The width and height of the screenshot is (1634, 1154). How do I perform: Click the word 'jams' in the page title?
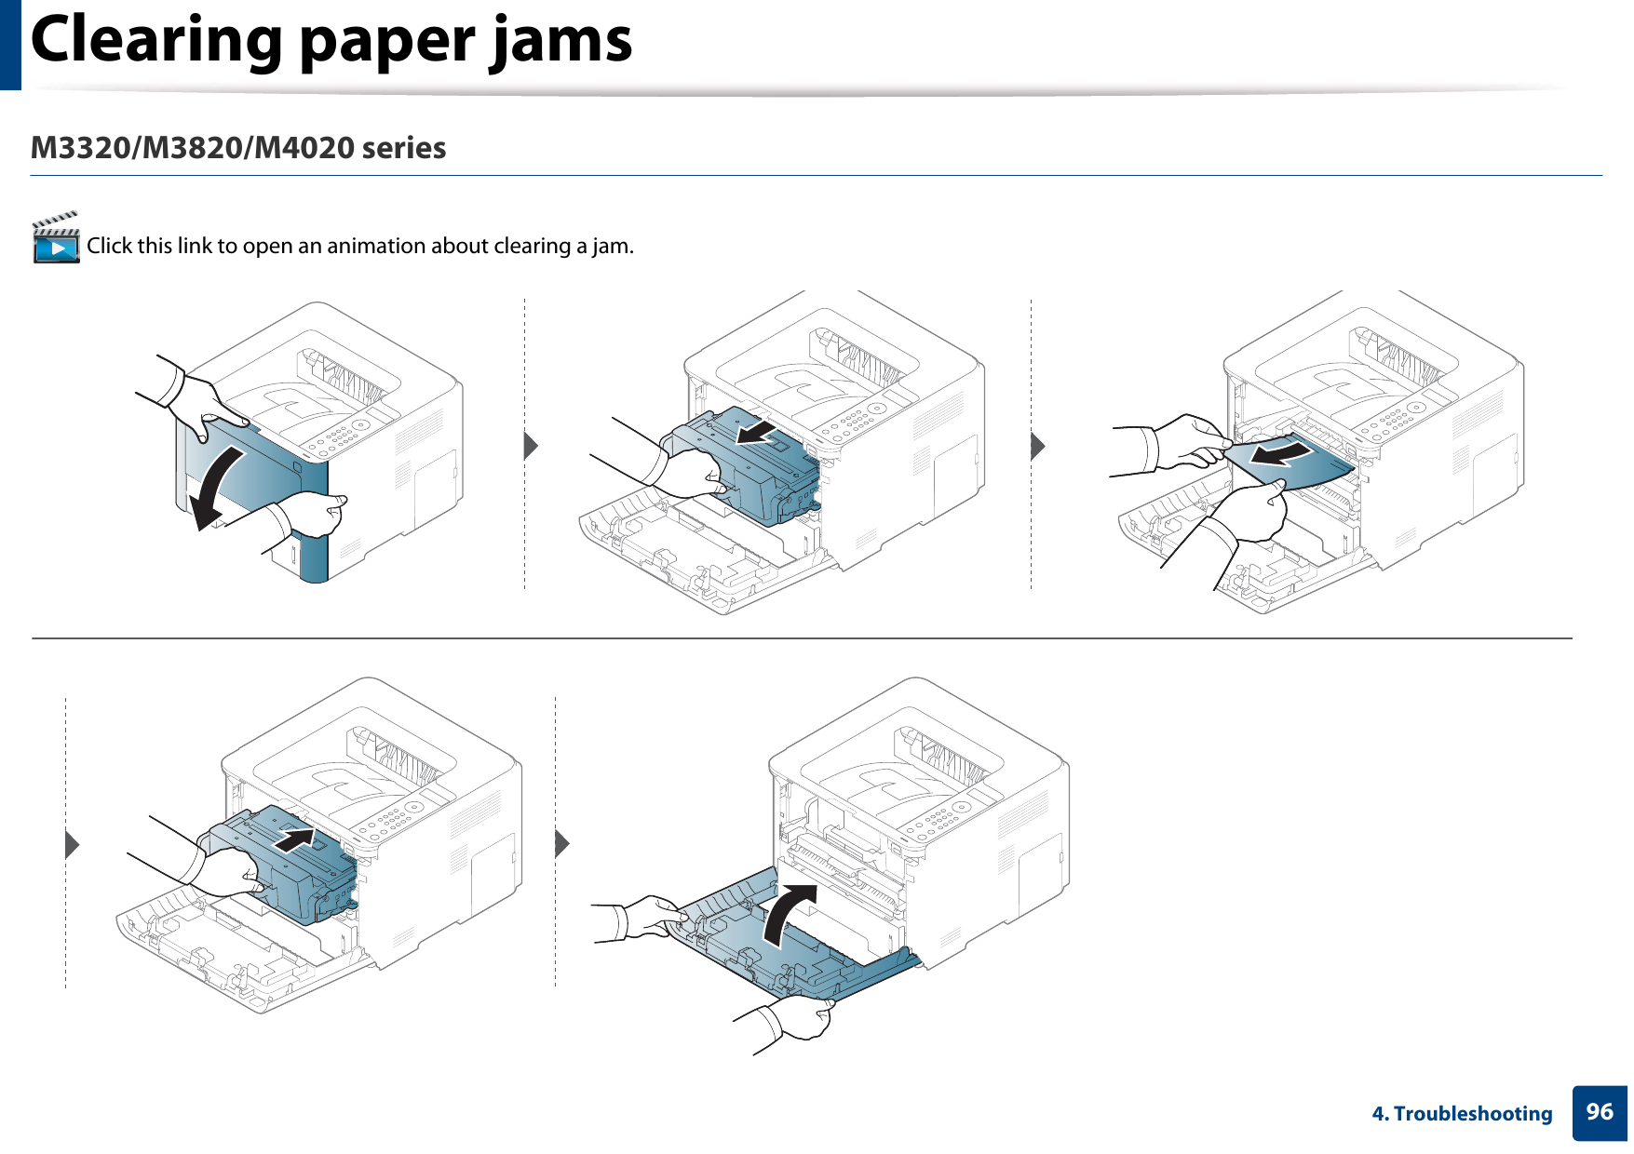(x=562, y=41)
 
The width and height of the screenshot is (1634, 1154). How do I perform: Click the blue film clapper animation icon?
(x=56, y=239)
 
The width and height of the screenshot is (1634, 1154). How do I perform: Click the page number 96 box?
(x=1599, y=1112)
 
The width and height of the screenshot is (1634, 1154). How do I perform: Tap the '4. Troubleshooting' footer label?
(x=1462, y=1114)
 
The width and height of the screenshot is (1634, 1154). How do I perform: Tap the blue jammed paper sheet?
(x=1303, y=465)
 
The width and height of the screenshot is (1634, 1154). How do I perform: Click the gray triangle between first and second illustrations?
(x=531, y=446)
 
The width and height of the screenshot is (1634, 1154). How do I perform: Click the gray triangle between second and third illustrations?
(x=1037, y=446)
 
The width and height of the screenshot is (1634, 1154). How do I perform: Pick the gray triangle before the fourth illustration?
(x=72, y=844)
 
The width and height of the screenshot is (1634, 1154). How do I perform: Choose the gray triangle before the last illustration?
(x=561, y=844)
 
